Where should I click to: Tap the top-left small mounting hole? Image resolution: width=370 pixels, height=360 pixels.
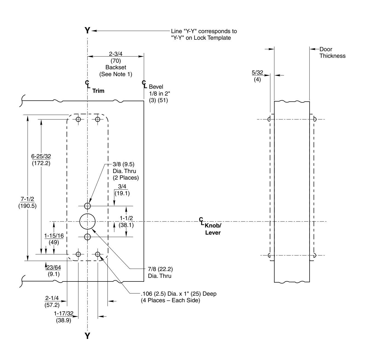coord(78,119)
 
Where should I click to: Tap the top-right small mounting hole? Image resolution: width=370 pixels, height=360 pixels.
coord(98,119)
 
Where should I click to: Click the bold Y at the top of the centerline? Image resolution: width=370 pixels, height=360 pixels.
coord(87,31)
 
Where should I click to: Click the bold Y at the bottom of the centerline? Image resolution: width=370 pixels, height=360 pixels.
coord(87,336)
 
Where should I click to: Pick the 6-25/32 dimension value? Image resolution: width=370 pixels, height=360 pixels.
coord(41,156)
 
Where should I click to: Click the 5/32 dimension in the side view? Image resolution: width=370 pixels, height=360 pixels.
coord(257,73)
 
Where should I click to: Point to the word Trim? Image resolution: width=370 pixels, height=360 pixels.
coord(98,91)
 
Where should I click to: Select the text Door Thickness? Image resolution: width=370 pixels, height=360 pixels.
coord(332,53)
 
